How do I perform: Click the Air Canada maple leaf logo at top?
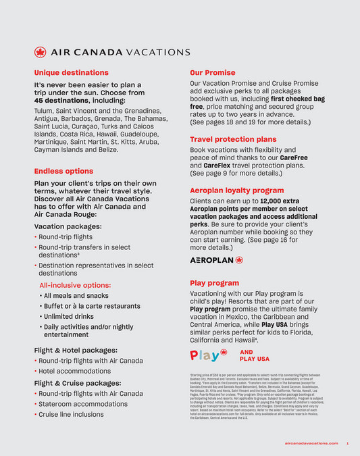coord(41,52)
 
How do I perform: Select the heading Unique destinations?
coord(71,72)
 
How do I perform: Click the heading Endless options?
coord(63,171)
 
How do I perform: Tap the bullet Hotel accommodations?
coord(74,371)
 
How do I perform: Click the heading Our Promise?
coord(212,72)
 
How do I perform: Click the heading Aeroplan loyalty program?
coord(236,191)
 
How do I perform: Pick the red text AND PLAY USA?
coord(254,355)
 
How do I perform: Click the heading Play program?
coord(214,283)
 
